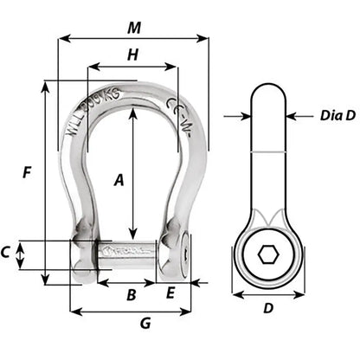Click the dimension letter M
(x=133, y=28)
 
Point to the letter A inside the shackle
(x=120, y=180)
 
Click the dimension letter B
(x=132, y=295)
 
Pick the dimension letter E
(x=170, y=293)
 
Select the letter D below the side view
(x=268, y=307)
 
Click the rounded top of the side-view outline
(x=268, y=85)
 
